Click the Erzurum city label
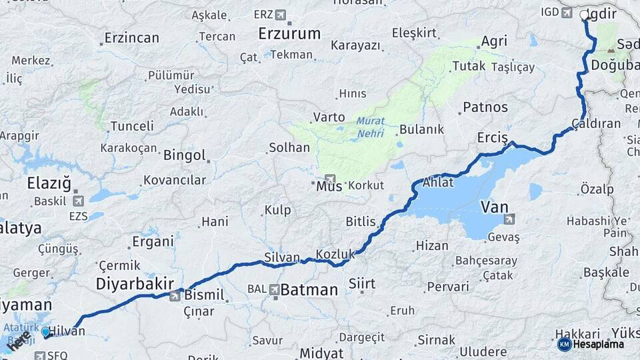click(x=289, y=33)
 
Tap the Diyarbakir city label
click(x=135, y=283)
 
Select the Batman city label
click(x=309, y=290)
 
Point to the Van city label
click(x=494, y=207)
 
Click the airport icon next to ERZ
click(x=280, y=14)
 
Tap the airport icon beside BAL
click(x=274, y=290)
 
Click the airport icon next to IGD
click(x=567, y=12)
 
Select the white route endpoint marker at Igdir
click(x=585, y=15)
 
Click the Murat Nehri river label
click(x=370, y=127)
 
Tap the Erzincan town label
click(x=131, y=38)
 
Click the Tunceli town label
click(x=132, y=126)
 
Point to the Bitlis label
click(x=361, y=221)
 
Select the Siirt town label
click(x=362, y=284)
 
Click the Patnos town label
click(x=485, y=107)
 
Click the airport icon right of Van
click(x=509, y=219)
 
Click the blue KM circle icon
click(x=564, y=344)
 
